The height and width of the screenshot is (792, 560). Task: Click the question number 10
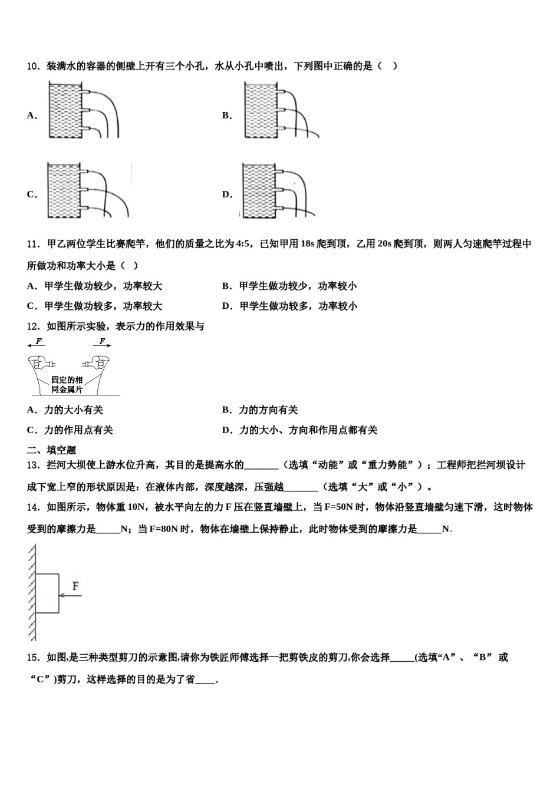33,66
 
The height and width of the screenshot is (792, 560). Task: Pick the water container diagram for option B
280,111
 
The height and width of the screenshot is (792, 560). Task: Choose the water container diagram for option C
87,190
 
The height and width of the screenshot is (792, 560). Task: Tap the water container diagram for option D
277,190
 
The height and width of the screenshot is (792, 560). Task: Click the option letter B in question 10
227,115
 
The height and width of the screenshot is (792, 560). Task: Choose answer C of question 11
94,306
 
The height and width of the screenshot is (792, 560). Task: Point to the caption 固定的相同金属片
67,385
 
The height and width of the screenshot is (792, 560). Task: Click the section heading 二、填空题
52,450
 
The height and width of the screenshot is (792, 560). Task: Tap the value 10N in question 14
136,507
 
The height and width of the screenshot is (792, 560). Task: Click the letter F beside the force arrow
75,586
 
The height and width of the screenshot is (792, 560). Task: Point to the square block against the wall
47,594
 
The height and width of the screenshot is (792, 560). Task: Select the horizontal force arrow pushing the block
70,596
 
